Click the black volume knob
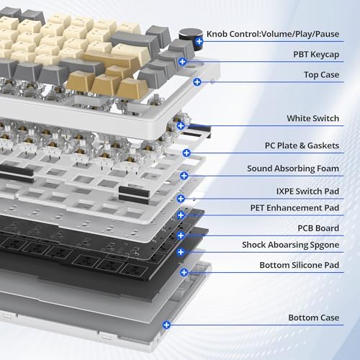(x=191, y=39)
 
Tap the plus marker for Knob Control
(x=199, y=41)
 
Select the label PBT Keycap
(x=316, y=55)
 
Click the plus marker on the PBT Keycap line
(x=182, y=62)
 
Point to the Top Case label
(x=321, y=75)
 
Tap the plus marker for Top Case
(x=197, y=82)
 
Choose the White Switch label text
(x=313, y=118)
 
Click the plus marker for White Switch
(x=181, y=125)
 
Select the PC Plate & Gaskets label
(x=302, y=145)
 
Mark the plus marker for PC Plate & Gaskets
(x=186, y=153)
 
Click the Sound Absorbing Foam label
(x=293, y=168)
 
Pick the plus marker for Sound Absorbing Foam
(x=184, y=176)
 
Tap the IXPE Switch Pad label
(x=307, y=192)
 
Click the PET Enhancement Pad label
(x=294, y=208)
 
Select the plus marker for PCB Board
(x=181, y=235)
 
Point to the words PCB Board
(x=318, y=228)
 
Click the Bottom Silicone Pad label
(x=300, y=265)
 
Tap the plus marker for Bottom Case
(x=166, y=325)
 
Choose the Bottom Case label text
(x=314, y=318)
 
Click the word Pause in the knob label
(x=327, y=34)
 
